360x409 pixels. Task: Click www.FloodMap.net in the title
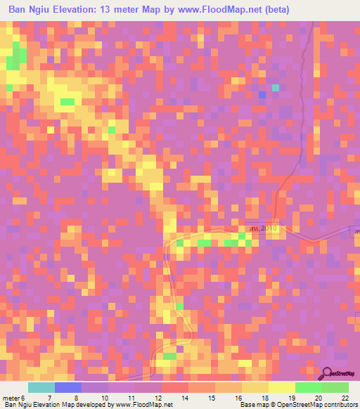pyautogui.click(x=214, y=9)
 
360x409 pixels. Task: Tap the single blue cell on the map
pyautogui.click(x=262, y=94)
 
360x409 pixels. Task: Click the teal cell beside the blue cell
pyautogui.click(x=276, y=87)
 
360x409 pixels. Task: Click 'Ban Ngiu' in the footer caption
pyautogui.click(x=17, y=404)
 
